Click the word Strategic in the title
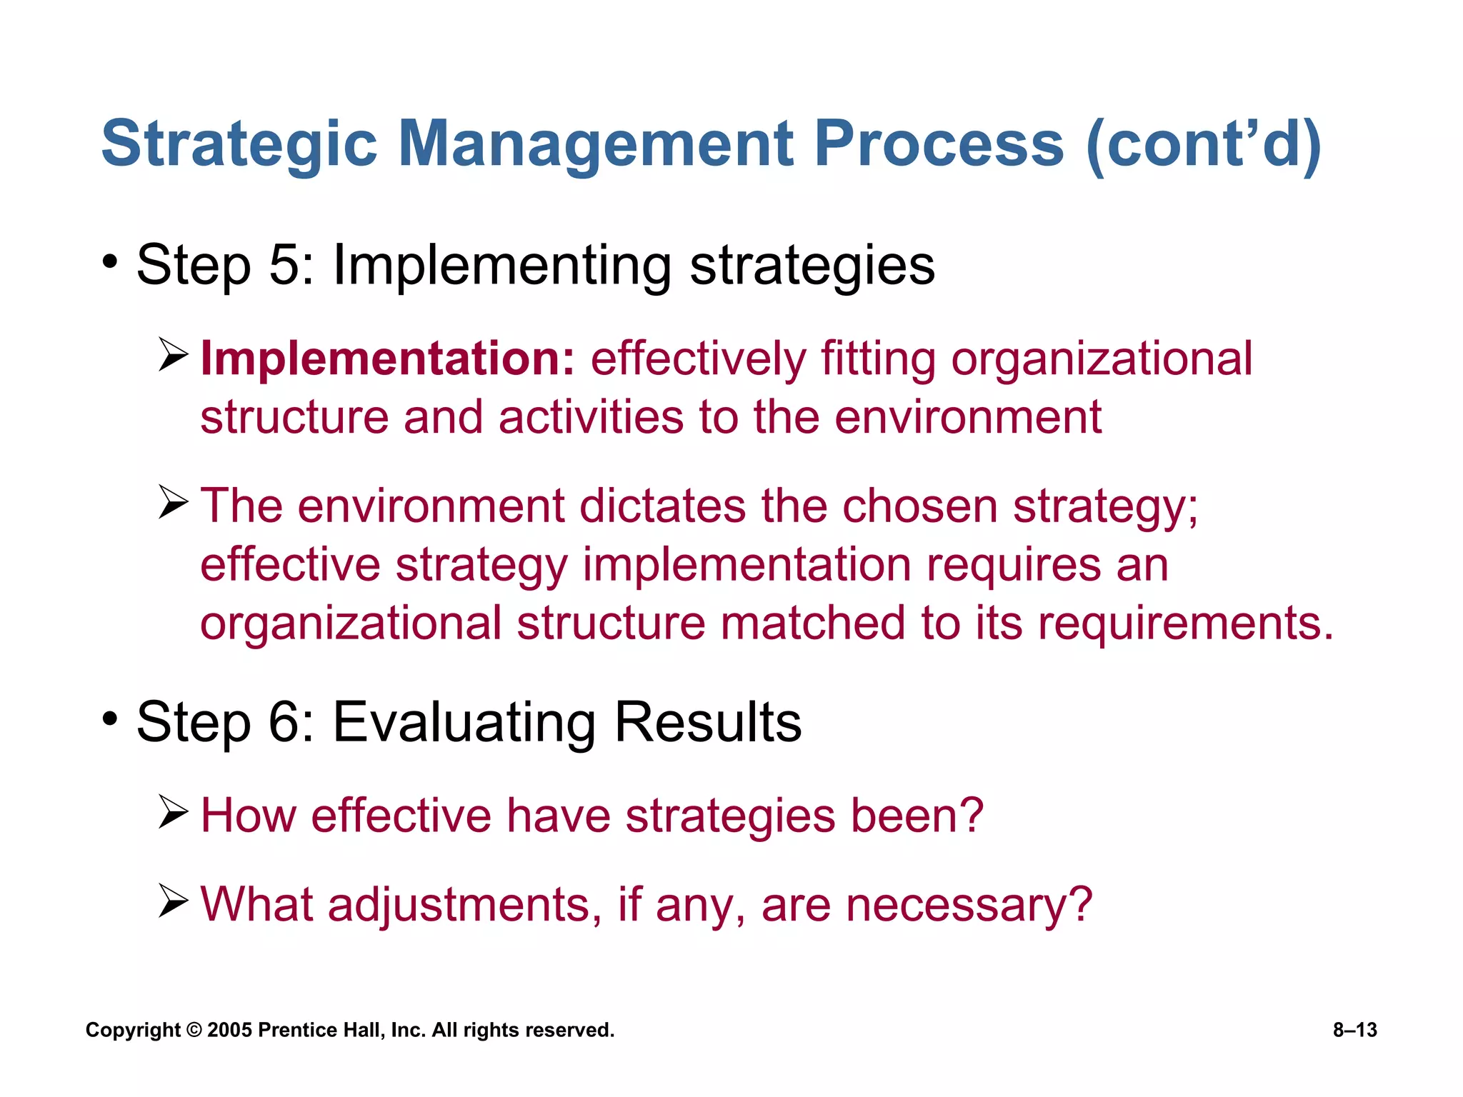point(239,144)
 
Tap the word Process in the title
point(939,144)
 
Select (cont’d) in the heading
point(1203,144)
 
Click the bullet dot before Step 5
point(109,262)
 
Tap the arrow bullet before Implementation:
point(173,356)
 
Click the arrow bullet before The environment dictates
point(173,502)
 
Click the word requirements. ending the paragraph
point(1186,623)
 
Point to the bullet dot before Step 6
point(109,719)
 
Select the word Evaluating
point(464,722)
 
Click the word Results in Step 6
point(708,722)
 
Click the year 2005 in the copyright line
point(229,1030)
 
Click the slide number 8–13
point(1354,1030)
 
